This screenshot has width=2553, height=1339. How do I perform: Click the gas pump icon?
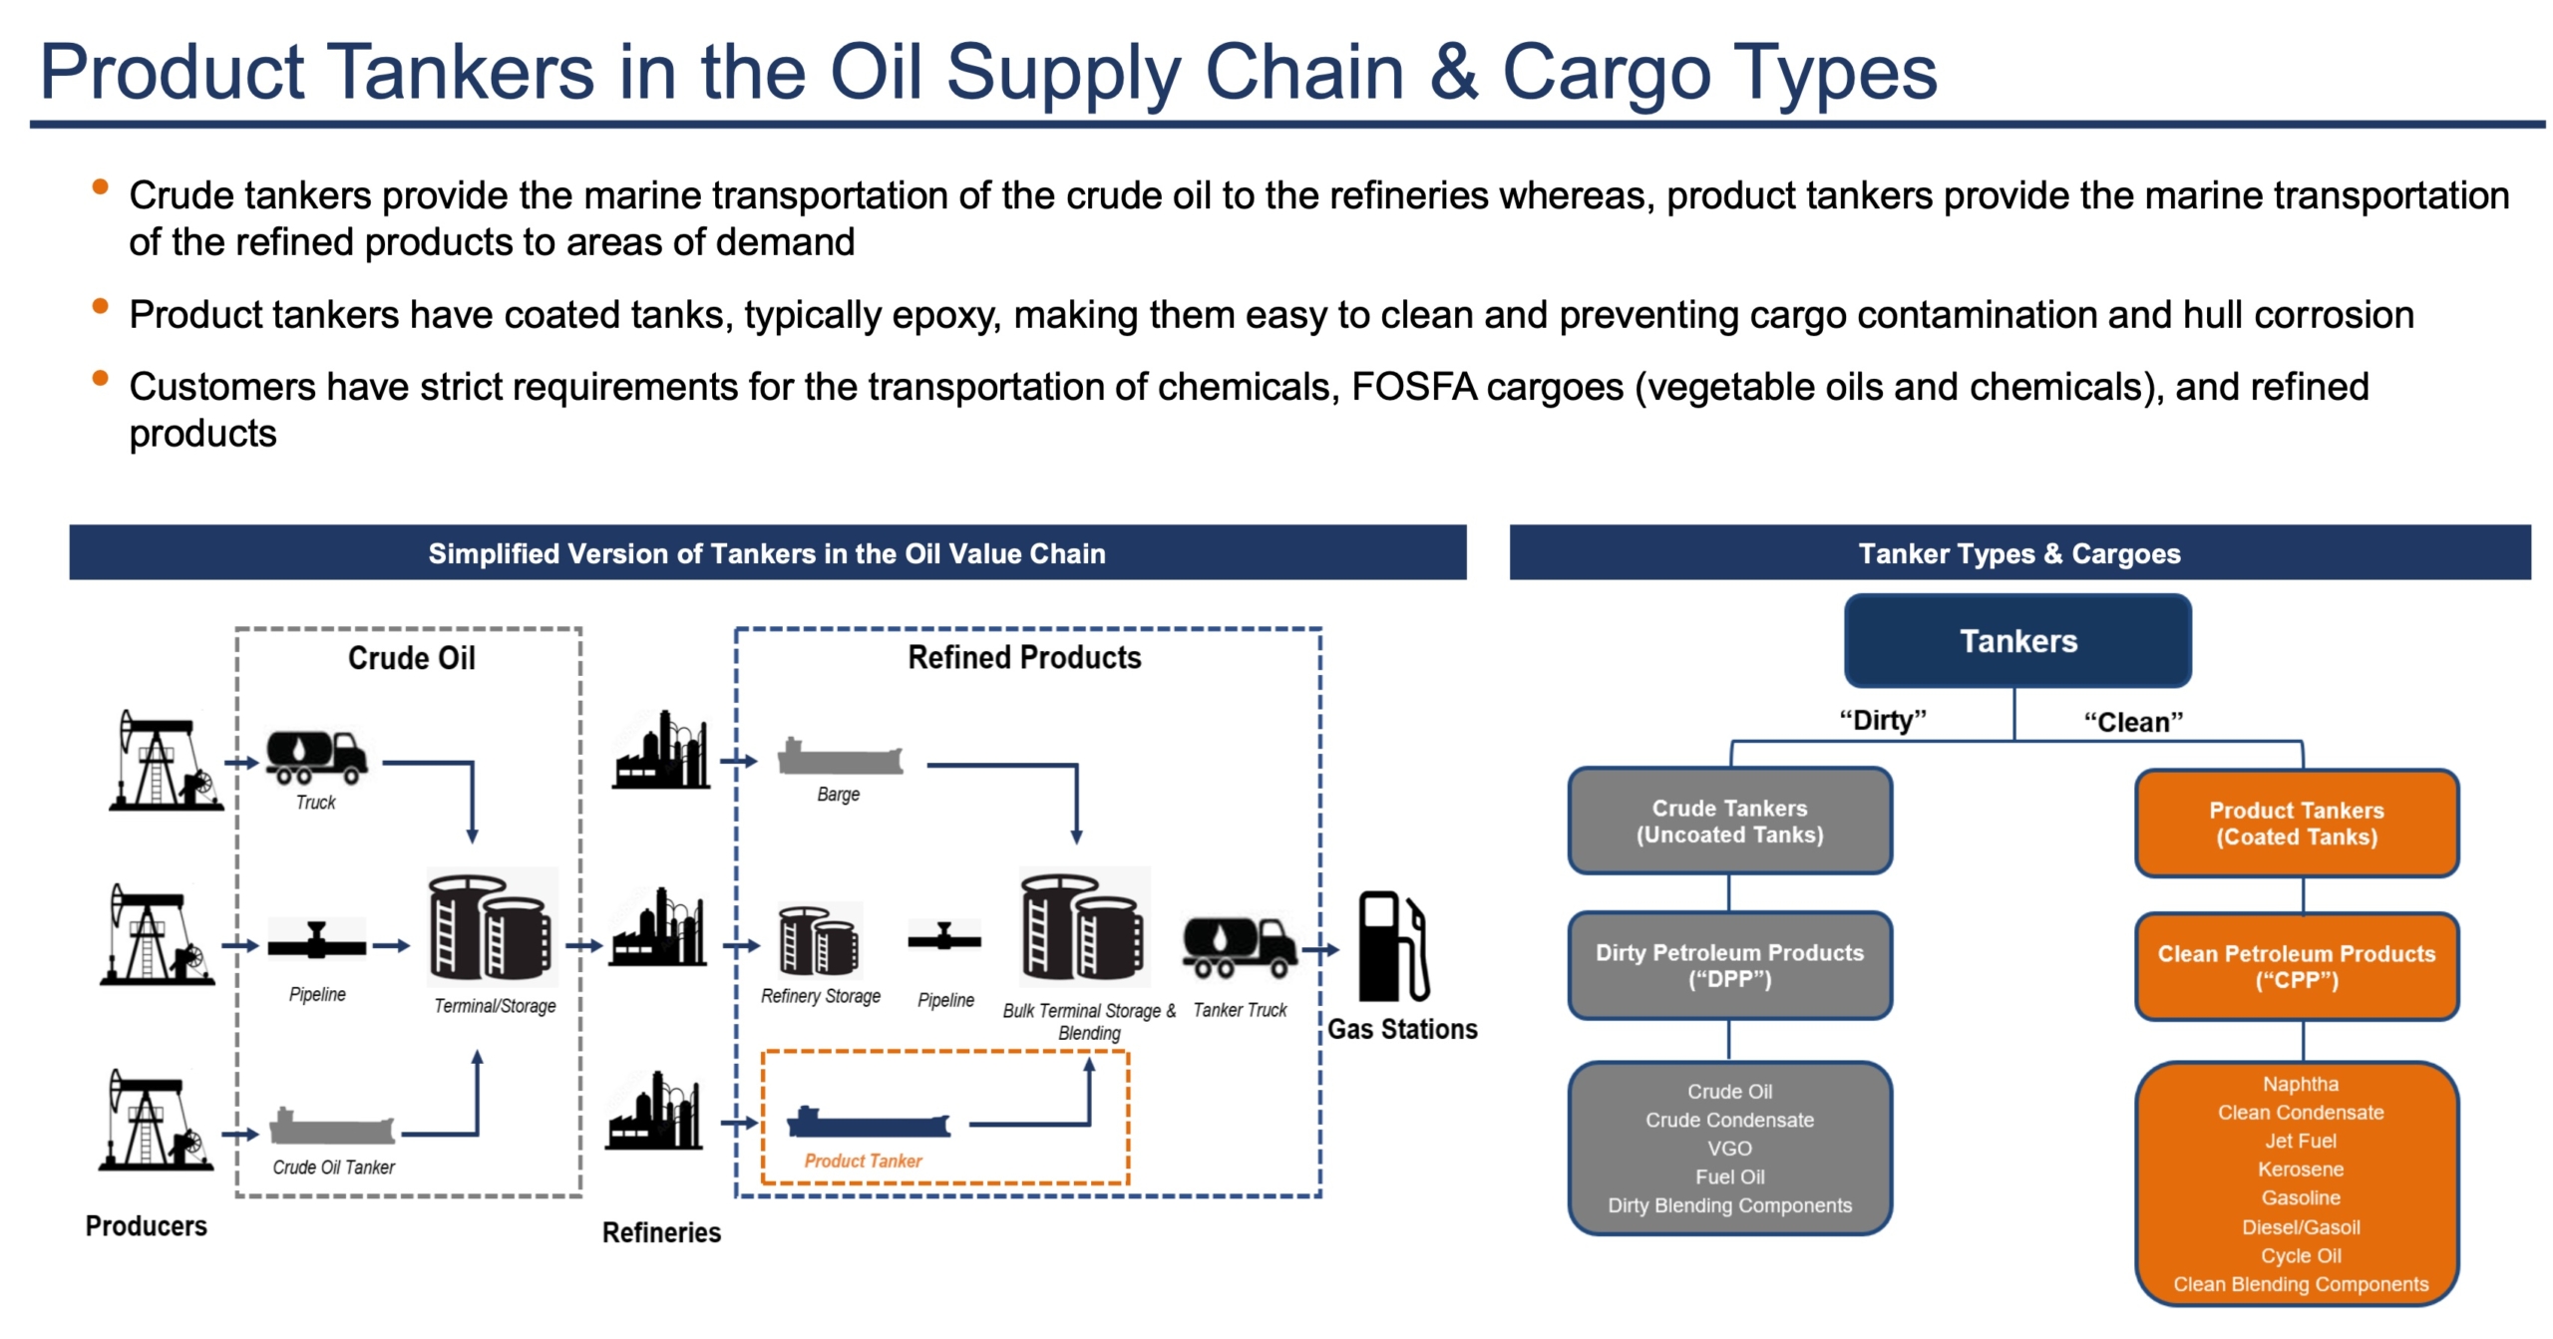coord(1391,946)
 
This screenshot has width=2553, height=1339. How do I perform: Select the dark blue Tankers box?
coord(2016,640)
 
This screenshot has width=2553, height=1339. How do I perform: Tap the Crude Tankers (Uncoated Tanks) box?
coord(1728,821)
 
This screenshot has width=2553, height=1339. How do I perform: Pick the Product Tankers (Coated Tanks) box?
coord(2296,823)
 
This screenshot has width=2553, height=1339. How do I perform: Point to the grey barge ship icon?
coord(839,759)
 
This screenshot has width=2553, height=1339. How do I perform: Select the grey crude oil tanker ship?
coord(332,1127)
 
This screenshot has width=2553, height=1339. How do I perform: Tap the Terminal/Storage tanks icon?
coord(491,928)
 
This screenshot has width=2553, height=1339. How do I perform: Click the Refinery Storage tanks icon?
coord(818,941)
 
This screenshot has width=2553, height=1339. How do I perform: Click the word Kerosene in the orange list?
coord(2300,1169)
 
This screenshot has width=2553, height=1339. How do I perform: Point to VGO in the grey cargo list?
coord(1728,1148)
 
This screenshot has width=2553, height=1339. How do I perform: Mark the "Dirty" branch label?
coord(1882,720)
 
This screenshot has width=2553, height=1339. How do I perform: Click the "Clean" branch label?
coord(2132,722)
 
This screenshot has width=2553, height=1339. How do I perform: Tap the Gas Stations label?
coord(1401,1029)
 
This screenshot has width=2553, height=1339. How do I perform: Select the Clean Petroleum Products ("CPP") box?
coord(2296,966)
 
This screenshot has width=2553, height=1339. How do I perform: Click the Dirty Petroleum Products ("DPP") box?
coord(1728,965)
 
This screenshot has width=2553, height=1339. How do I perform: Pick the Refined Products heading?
coord(1024,657)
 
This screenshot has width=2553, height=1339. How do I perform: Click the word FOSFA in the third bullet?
coord(1413,387)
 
